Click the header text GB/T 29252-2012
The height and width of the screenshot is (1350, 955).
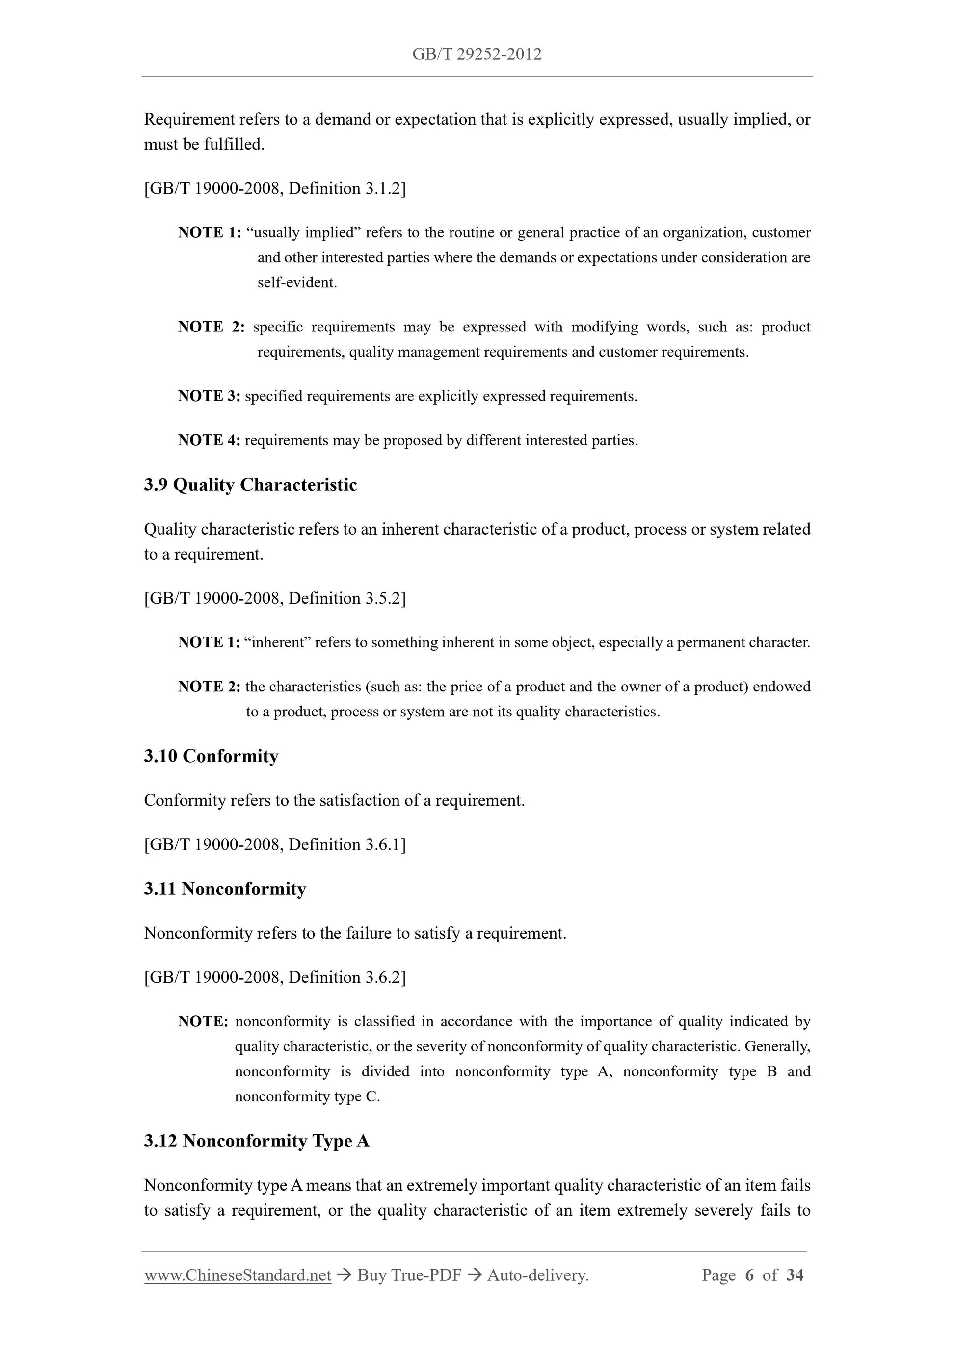click(x=477, y=54)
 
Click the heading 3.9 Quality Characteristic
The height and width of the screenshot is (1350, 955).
click(x=250, y=485)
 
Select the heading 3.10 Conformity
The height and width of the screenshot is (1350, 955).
click(x=211, y=756)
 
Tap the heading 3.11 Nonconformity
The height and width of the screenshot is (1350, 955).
click(x=225, y=889)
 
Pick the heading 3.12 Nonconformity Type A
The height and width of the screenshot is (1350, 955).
click(x=257, y=1141)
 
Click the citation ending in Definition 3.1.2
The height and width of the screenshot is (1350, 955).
click(x=275, y=188)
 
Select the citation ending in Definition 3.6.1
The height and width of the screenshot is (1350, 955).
click(x=275, y=844)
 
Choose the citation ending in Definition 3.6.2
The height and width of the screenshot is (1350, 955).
click(x=275, y=977)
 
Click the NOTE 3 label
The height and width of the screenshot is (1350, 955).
click(x=209, y=396)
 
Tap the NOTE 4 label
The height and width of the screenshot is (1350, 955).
click(x=209, y=440)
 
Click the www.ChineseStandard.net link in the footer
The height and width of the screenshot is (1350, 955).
click(x=238, y=1275)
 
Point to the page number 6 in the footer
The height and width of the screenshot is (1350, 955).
click(x=749, y=1275)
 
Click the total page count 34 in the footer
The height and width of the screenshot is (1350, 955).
click(x=795, y=1275)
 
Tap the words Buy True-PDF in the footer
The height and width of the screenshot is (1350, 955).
click(x=409, y=1275)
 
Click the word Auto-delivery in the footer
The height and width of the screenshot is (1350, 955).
click(x=537, y=1275)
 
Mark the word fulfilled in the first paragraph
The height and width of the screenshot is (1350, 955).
click(x=234, y=145)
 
